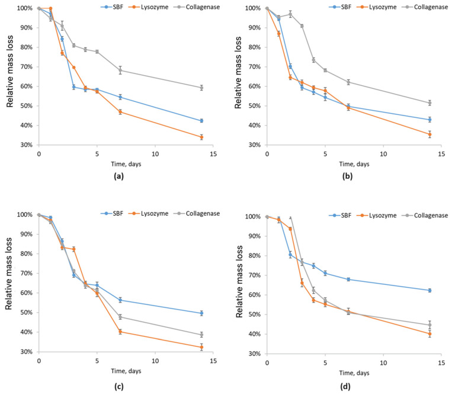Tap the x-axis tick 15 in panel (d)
[x=441, y=362]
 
